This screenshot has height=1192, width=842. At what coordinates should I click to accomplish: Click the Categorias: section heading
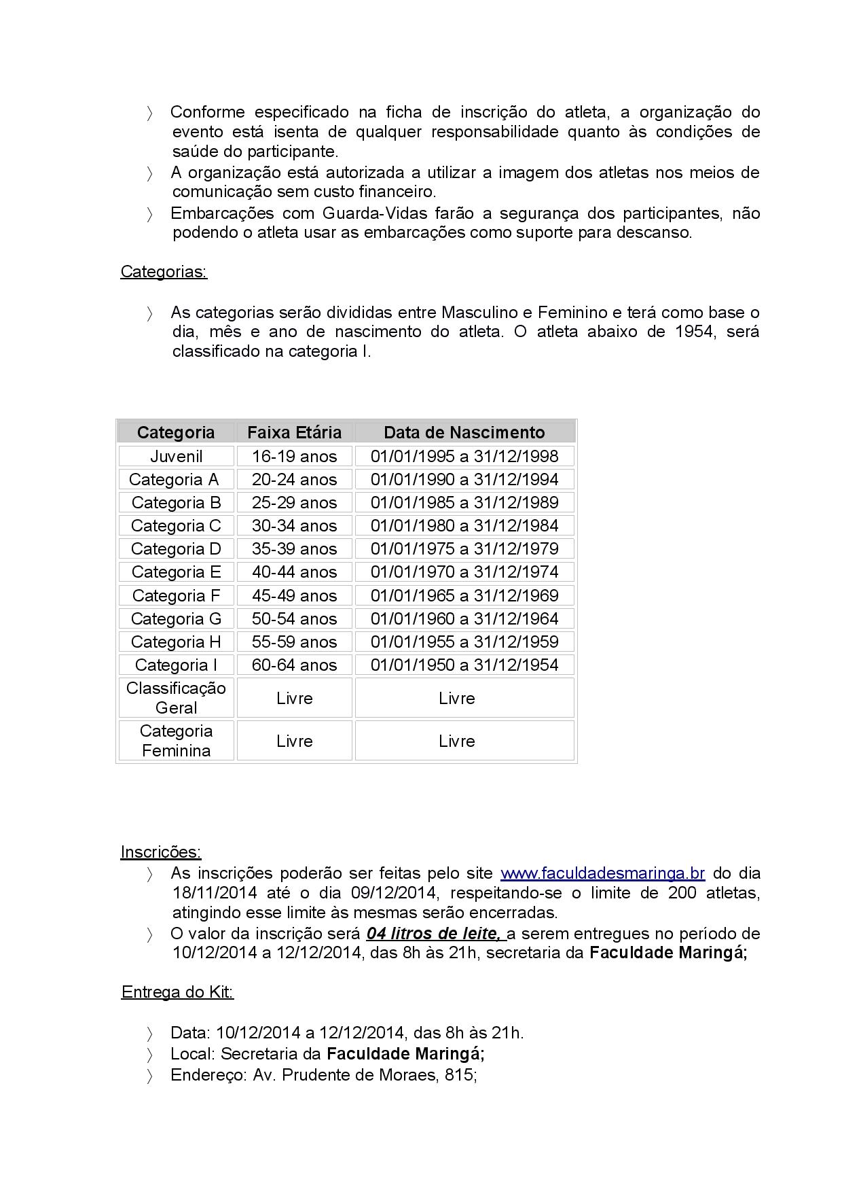tap(164, 272)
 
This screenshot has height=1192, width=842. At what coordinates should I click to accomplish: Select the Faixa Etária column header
tap(294, 432)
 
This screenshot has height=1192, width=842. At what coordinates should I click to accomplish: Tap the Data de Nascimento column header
tap(464, 432)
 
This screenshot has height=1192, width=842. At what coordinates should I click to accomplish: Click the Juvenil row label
tap(176, 456)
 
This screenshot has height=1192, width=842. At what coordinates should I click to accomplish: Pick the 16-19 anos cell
tap(294, 456)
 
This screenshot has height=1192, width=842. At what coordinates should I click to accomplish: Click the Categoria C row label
tap(176, 525)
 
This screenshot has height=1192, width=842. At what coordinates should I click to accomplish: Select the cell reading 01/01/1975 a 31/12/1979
tap(464, 548)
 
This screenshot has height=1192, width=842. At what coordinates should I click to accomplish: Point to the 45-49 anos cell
tap(294, 595)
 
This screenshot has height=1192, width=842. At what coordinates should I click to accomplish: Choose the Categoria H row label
tap(176, 642)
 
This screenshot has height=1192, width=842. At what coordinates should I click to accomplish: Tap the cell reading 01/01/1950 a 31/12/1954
tap(464, 665)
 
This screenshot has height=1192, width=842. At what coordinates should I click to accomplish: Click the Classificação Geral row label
tap(176, 698)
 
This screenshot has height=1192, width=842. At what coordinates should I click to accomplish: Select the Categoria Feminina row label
tap(176, 741)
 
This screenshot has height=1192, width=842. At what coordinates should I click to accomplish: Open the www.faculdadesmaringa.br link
tap(602, 873)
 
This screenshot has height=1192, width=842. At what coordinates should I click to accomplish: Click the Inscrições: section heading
tap(161, 852)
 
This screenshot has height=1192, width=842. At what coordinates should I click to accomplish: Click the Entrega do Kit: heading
tap(177, 992)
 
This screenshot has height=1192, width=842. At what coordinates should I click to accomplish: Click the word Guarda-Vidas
tap(375, 213)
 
